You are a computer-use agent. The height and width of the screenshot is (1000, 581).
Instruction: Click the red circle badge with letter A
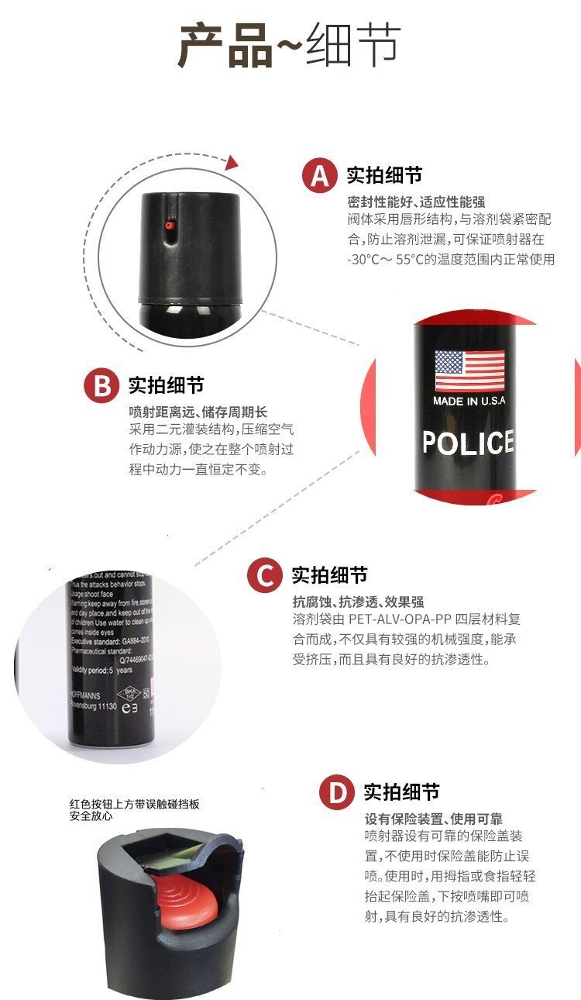click(320, 175)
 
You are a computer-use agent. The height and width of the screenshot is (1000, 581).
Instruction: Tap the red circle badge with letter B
click(102, 385)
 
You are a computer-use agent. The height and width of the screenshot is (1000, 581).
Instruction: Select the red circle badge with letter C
click(265, 575)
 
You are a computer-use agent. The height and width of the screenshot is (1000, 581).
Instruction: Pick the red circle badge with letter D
click(337, 792)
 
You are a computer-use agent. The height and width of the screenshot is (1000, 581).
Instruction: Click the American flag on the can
click(469, 371)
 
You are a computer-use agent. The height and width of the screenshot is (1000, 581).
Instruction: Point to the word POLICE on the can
click(468, 443)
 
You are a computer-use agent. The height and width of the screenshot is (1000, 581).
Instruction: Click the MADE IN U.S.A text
click(469, 401)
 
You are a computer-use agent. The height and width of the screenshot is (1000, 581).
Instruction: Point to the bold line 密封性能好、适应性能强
click(416, 202)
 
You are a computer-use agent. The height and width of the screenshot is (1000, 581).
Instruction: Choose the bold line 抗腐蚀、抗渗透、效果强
click(358, 602)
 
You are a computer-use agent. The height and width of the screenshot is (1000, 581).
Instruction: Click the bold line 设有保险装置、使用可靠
click(433, 819)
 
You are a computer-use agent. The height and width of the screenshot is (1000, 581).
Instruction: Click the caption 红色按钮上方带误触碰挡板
click(135, 804)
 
